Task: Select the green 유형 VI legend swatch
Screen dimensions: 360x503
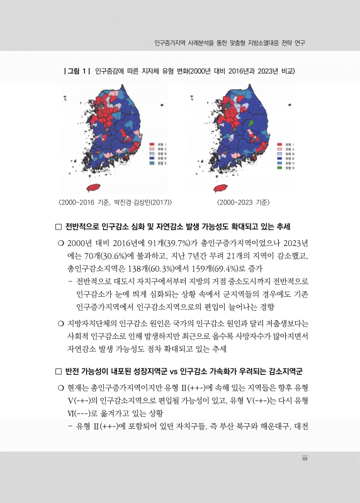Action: (279, 168)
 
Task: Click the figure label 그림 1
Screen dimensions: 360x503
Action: (78, 70)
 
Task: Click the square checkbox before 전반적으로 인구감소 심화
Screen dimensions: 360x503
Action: (59, 226)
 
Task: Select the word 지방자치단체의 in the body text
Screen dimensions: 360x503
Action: (93, 324)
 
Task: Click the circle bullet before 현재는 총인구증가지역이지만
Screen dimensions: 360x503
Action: (59, 385)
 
